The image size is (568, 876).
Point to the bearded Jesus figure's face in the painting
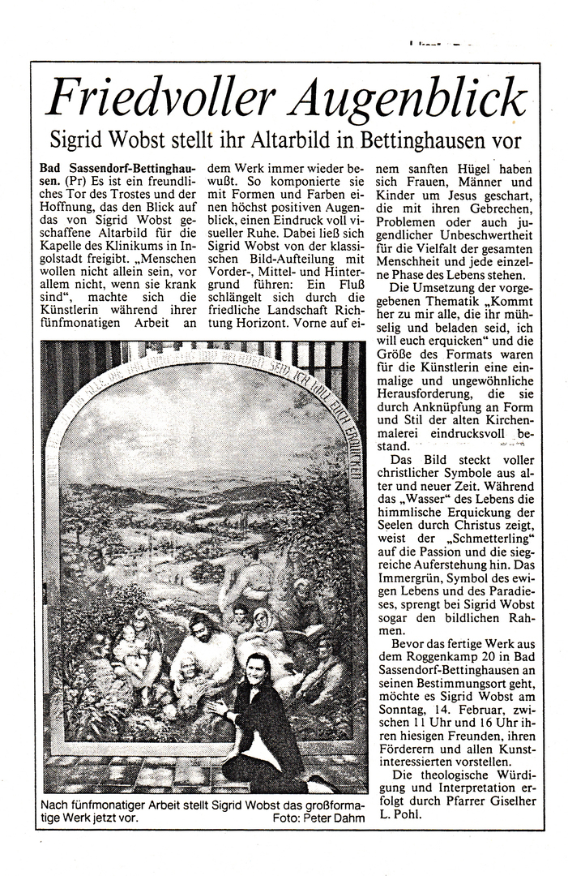point(199,627)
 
